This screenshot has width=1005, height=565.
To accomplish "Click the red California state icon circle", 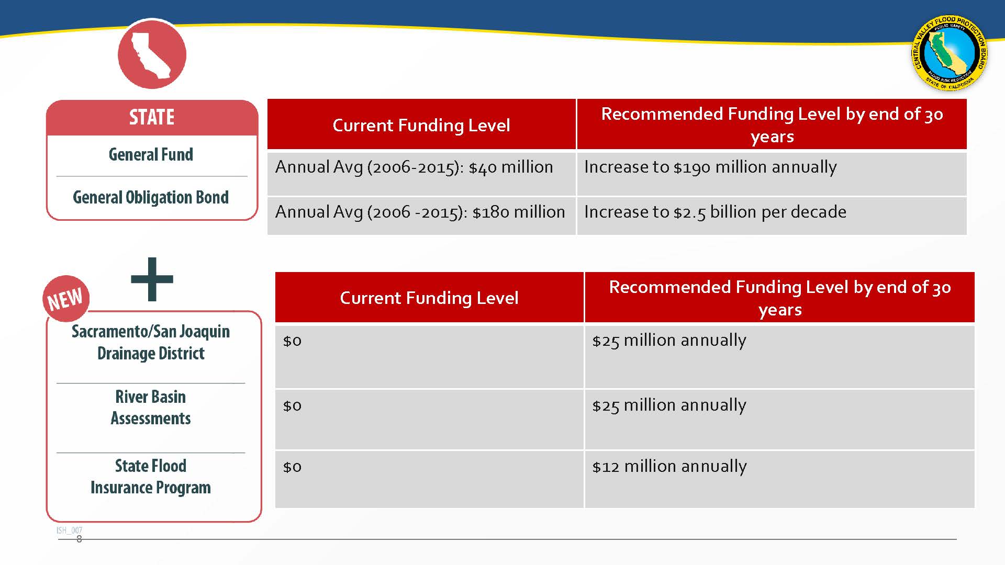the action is pyautogui.click(x=152, y=54).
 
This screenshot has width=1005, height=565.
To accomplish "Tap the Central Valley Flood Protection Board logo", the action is pyautogui.click(x=950, y=53).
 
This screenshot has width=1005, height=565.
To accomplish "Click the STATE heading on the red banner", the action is pyautogui.click(x=152, y=117).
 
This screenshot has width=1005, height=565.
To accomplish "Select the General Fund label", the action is pyautogui.click(x=151, y=154).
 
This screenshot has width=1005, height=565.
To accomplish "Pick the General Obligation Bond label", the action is pyautogui.click(x=151, y=197).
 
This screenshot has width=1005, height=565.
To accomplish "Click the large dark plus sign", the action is pyautogui.click(x=152, y=279).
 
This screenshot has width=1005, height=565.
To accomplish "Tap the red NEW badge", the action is pyautogui.click(x=66, y=299).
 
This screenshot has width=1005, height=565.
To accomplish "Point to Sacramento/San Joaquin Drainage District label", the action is pyautogui.click(x=151, y=342).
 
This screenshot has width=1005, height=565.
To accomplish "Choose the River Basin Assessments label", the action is pyautogui.click(x=151, y=408).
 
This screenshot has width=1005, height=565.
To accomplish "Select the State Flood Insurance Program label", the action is pyautogui.click(x=151, y=477).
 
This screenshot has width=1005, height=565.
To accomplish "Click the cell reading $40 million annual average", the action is pyautogui.click(x=421, y=173).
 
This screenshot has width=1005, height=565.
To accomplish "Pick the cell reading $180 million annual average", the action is pyautogui.click(x=421, y=216).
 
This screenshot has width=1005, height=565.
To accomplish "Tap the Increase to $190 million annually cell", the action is pyautogui.click(x=772, y=173).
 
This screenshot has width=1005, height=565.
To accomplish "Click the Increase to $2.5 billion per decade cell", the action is pyautogui.click(x=772, y=216).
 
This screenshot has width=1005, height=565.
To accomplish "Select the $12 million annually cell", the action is pyautogui.click(x=779, y=479).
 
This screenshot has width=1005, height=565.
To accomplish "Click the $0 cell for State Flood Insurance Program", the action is pyautogui.click(x=429, y=479).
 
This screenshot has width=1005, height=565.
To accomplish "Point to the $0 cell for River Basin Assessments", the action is pyautogui.click(x=429, y=419).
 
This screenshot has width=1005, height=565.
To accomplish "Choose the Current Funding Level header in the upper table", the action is pyautogui.click(x=421, y=125).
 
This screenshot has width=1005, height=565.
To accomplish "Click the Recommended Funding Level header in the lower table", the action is pyautogui.click(x=779, y=297).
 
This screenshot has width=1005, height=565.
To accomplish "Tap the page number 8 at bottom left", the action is pyautogui.click(x=79, y=539).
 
